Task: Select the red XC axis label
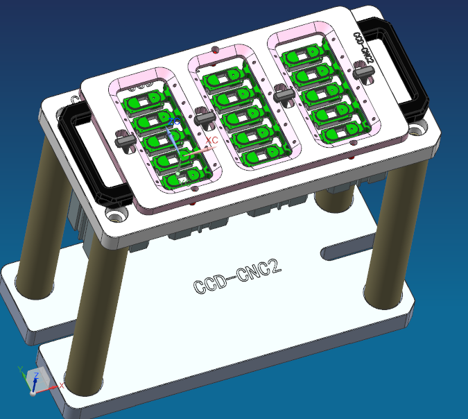[x=213, y=140]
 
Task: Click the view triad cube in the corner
[x=36, y=380]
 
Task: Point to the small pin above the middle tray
[x=217, y=49]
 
